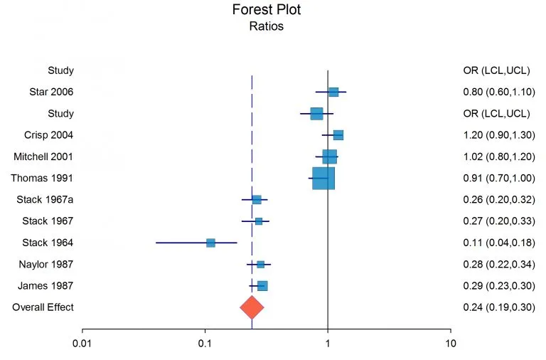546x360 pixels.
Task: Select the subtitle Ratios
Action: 267,27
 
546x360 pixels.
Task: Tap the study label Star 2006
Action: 51,92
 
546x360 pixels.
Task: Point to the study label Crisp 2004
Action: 49,135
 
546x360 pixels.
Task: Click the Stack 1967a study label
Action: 45,200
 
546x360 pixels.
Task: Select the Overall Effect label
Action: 43,307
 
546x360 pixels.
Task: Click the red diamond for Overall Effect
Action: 252,307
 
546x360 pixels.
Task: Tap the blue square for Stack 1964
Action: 210,243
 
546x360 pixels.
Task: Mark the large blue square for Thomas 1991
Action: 323,178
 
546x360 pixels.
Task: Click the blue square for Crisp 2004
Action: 338,135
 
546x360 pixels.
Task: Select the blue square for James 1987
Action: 262,286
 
